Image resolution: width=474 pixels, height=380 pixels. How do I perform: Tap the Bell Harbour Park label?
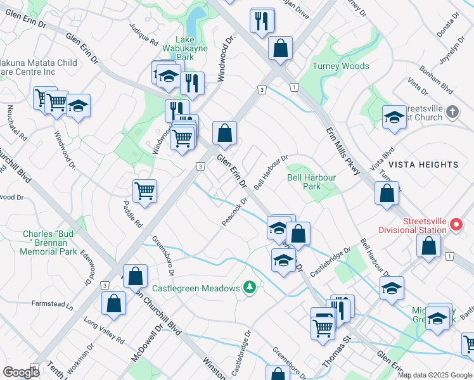(311, 182)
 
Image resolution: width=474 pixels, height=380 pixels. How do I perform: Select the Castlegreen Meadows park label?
(196, 288)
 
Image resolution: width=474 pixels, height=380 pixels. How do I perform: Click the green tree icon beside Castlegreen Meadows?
(250, 288)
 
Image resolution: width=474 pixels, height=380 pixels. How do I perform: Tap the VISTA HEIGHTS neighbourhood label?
(423, 165)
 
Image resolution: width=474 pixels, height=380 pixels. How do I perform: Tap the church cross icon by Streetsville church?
(451, 112)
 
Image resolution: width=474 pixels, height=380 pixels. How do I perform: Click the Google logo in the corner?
(21, 372)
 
